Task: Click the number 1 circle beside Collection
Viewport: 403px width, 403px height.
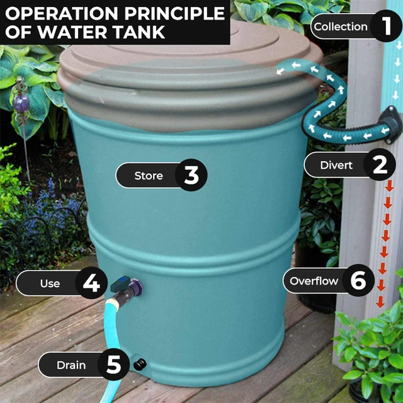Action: [x=386, y=26]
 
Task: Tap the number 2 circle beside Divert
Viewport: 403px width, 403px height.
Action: [x=380, y=165]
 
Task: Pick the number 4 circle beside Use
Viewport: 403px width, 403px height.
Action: [x=91, y=283]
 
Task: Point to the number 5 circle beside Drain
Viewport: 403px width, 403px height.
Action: [x=113, y=365]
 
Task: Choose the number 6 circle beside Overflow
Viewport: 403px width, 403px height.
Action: [x=358, y=281]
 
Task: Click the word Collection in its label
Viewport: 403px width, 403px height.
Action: [x=341, y=26]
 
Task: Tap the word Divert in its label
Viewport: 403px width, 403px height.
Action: [x=336, y=166]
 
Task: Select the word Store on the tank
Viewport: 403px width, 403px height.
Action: [x=149, y=176]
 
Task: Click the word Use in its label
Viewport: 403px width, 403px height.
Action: [x=50, y=283]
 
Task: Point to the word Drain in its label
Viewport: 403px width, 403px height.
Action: [x=71, y=365]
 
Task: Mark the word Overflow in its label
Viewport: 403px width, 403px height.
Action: [x=314, y=281]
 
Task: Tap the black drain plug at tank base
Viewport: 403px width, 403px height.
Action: [x=140, y=363]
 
